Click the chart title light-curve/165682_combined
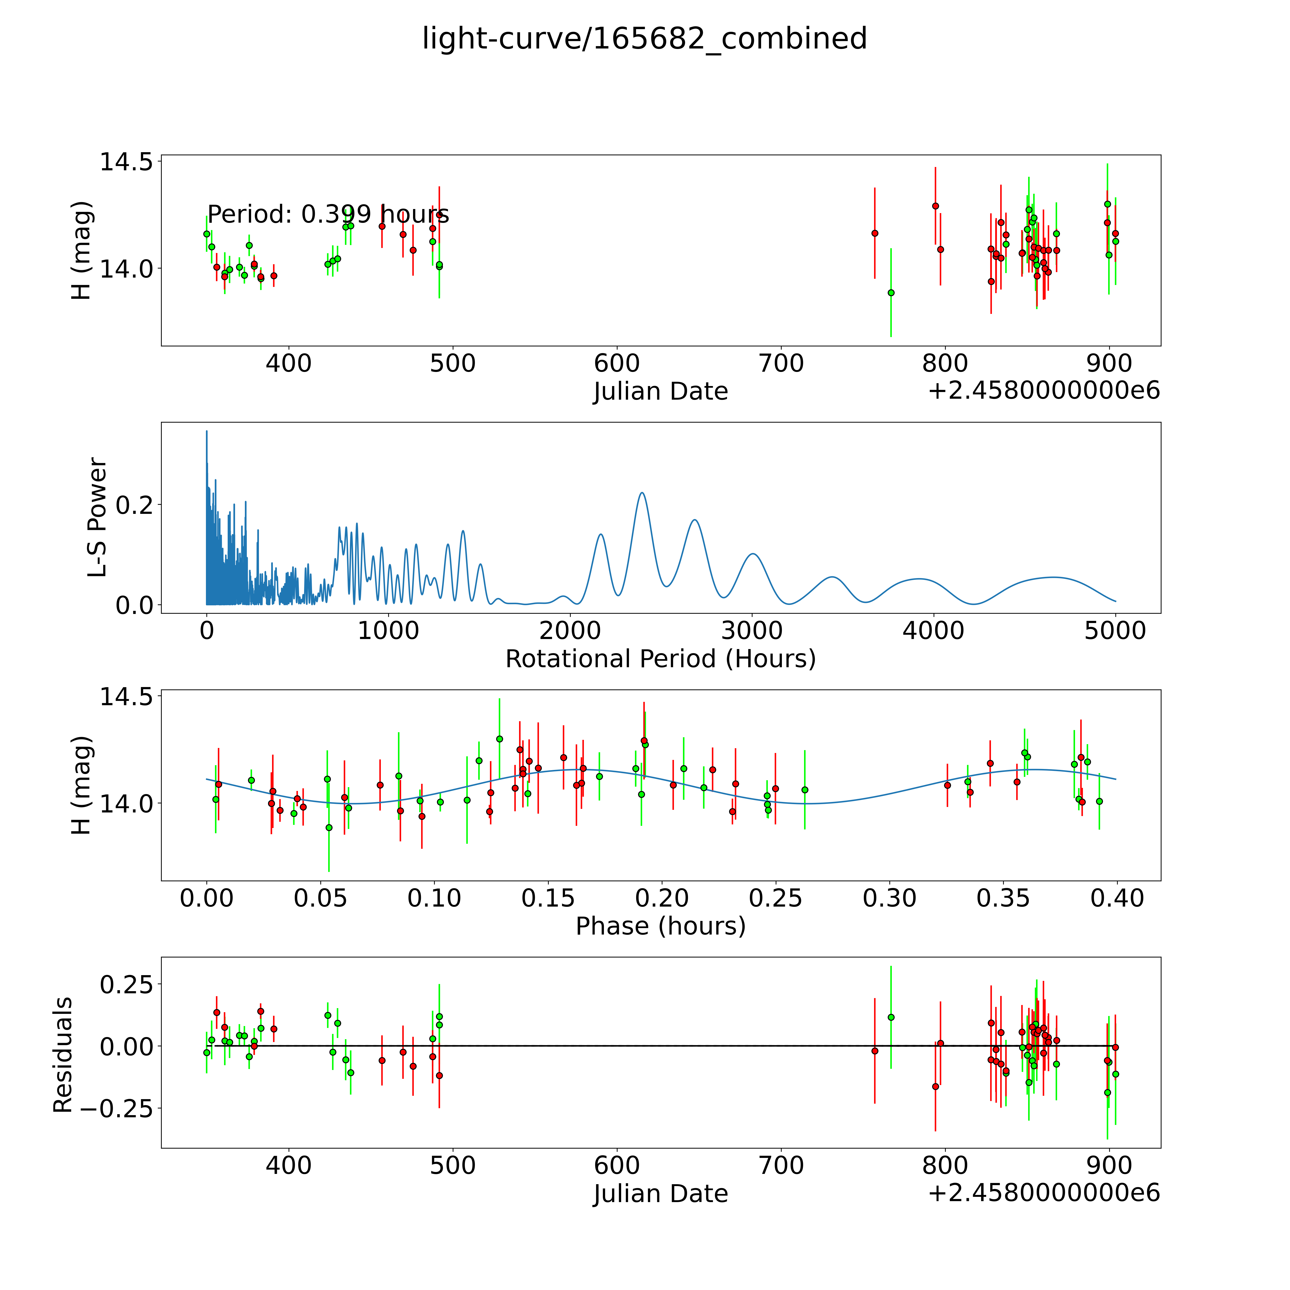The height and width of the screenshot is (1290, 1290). [x=644, y=39]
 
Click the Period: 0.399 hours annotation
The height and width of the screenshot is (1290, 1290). [x=328, y=214]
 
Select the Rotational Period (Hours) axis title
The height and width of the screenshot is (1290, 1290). [x=660, y=659]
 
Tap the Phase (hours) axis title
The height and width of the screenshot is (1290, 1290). [x=660, y=926]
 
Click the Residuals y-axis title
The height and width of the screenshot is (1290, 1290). [x=63, y=1055]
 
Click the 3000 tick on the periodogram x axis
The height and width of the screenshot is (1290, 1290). [x=752, y=630]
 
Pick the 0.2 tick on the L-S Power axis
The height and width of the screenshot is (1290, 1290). [x=134, y=505]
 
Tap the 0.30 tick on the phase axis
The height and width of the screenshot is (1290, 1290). [x=889, y=898]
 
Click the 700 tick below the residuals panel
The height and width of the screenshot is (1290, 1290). [x=780, y=1165]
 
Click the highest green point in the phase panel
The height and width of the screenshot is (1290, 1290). [x=500, y=738]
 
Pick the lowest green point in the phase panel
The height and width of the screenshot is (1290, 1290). [x=328, y=827]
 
